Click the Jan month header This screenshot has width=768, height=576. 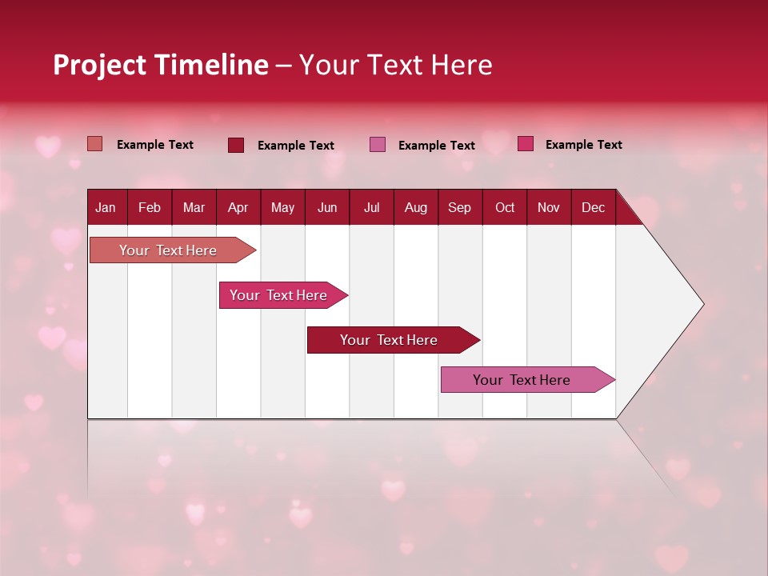pos(106,207)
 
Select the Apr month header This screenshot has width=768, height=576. pos(238,207)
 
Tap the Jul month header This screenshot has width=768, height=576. pos(371,207)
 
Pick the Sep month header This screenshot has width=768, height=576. pos(459,207)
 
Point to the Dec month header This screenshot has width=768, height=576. pos(593,207)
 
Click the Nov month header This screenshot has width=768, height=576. pos(548,207)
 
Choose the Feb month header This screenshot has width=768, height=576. pos(150,207)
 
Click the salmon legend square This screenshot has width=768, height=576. pos(94,144)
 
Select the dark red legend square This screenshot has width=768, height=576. pos(236,145)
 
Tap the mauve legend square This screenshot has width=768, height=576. pos(378,145)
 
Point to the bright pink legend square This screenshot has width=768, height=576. pos(526,144)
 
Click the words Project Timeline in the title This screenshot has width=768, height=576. pos(160,65)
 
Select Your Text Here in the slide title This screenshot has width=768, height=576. pos(395,65)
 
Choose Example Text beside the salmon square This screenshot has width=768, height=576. pos(155,145)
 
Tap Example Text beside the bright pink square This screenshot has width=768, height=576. pos(584,145)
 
